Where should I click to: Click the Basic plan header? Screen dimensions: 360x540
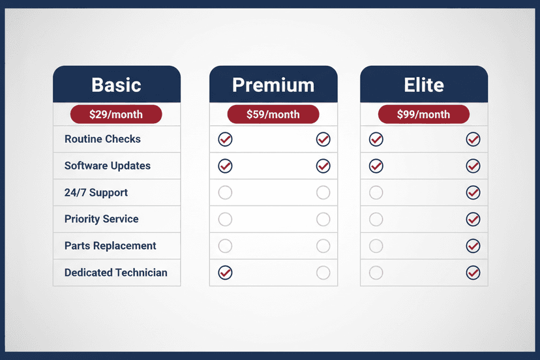click(x=116, y=85)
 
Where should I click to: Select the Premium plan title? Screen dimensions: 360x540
click(x=273, y=85)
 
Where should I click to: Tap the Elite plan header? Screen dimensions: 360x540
click(x=424, y=85)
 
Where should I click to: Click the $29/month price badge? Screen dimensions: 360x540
click(x=116, y=115)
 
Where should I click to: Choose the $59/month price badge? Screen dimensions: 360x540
click(x=273, y=115)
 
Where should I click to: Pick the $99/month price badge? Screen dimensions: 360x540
click(x=424, y=115)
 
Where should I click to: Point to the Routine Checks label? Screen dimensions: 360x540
click(x=102, y=139)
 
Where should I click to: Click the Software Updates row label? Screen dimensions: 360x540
click(x=108, y=166)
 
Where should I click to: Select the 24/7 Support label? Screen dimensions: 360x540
click(x=96, y=192)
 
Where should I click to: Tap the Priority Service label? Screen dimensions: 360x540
click(x=102, y=219)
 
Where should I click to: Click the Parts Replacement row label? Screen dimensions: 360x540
click(x=110, y=246)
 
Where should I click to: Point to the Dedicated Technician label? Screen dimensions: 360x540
click(x=116, y=273)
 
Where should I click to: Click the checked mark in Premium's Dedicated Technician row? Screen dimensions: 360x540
click(x=225, y=273)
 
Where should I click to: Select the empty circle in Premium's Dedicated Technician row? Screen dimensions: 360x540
click(x=323, y=273)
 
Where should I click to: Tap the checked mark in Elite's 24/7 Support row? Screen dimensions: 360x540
click(x=473, y=192)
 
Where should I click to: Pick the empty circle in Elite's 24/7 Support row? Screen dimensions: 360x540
click(x=376, y=192)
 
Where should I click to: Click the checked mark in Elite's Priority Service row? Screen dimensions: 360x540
click(x=473, y=219)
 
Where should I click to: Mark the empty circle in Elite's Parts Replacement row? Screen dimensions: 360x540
click(x=376, y=246)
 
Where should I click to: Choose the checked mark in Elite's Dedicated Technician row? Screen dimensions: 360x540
click(x=473, y=273)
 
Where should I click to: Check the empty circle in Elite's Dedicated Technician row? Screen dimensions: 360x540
click(x=376, y=273)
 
